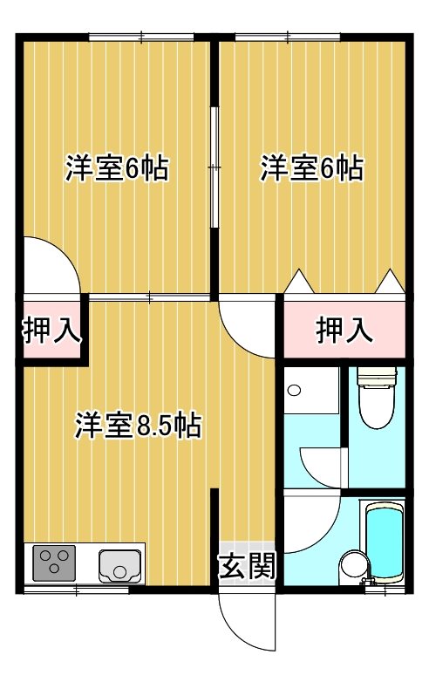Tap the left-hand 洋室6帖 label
coord(117,167)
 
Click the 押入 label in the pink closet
coord(344,331)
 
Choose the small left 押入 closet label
coord(51,331)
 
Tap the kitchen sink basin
coord(120,566)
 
